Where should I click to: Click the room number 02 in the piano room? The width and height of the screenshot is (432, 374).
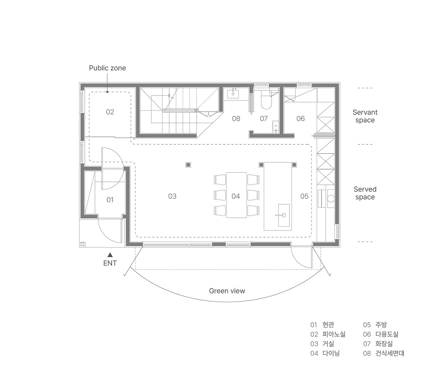tap(110, 112)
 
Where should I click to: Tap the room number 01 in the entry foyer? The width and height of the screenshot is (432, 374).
tap(110, 200)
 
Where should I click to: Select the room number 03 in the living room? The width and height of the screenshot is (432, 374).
tap(172, 196)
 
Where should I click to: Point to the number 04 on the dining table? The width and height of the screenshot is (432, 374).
tap(236, 196)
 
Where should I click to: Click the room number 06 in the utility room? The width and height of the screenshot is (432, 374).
tap(300, 119)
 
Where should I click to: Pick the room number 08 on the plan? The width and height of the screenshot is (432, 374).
tap(236, 119)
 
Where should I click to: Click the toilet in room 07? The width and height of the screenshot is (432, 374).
tap(266, 100)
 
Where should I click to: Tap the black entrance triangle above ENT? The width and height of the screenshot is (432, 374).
tap(110, 255)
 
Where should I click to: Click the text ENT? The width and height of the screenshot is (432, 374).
tap(110, 263)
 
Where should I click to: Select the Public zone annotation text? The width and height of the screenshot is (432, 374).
tap(107, 68)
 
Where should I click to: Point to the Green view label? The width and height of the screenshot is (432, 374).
tap(227, 291)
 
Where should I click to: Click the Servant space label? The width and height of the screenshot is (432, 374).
tap(365, 116)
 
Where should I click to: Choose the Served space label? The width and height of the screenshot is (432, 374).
tap(365, 193)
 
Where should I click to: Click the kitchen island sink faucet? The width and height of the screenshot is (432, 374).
tap(281, 215)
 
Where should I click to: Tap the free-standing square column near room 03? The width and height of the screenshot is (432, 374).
tap(188, 165)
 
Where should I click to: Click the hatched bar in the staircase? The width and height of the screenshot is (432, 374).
tap(180, 110)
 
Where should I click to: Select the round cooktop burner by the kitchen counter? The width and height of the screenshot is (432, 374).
tap(331, 199)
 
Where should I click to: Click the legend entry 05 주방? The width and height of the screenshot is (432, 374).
tap(375, 325)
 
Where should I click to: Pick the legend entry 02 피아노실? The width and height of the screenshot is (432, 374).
tap(328, 334)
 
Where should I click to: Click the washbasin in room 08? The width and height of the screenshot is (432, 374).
tap(233, 94)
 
